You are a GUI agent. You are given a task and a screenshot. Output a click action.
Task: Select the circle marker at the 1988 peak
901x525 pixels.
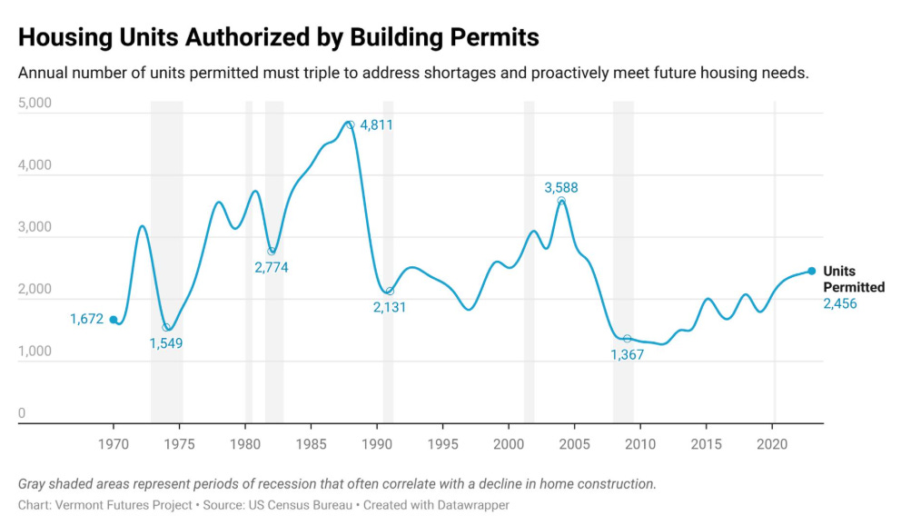click(350, 125)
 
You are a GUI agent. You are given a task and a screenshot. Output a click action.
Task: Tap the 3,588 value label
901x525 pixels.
click(560, 188)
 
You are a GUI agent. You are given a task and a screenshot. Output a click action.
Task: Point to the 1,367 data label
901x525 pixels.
click(627, 355)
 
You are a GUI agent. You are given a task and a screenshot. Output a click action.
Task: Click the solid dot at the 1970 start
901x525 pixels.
click(114, 320)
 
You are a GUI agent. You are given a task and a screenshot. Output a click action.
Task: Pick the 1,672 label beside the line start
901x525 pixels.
click(87, 319)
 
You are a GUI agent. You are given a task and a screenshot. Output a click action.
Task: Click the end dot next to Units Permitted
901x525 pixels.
click(812, 271)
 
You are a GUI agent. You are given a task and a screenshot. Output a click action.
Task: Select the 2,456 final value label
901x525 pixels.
click(839, 303)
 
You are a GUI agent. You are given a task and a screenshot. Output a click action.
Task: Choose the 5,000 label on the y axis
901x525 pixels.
click(35, 104)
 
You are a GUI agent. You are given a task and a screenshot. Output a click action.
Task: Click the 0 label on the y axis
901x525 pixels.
click(22, 414)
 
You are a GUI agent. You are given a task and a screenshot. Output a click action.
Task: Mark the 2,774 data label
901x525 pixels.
click(271, 268)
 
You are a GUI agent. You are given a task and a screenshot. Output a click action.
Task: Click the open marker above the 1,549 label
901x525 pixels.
click(166, 327)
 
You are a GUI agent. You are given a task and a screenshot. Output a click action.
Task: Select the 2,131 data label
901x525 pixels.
click(389, 308)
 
